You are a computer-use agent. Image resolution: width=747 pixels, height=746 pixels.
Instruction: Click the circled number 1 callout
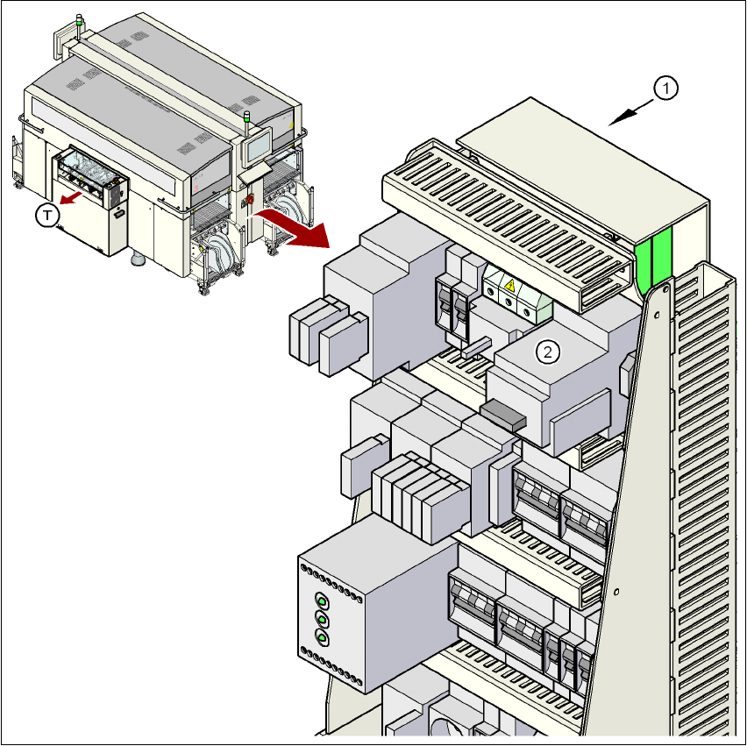click(x=666, y=87)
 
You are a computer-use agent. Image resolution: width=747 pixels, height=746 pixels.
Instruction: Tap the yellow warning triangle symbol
click(x=509, y=284)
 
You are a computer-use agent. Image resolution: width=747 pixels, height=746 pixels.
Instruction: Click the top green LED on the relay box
click(x=321, y=601)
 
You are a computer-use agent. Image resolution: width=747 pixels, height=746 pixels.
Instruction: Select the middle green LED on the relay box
click(x=321, y=620)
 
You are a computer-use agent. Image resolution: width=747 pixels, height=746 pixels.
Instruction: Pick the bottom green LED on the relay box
click(x=321, y=638)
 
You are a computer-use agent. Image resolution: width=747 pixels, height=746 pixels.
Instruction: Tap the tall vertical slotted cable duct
click(x=701, y=491)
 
